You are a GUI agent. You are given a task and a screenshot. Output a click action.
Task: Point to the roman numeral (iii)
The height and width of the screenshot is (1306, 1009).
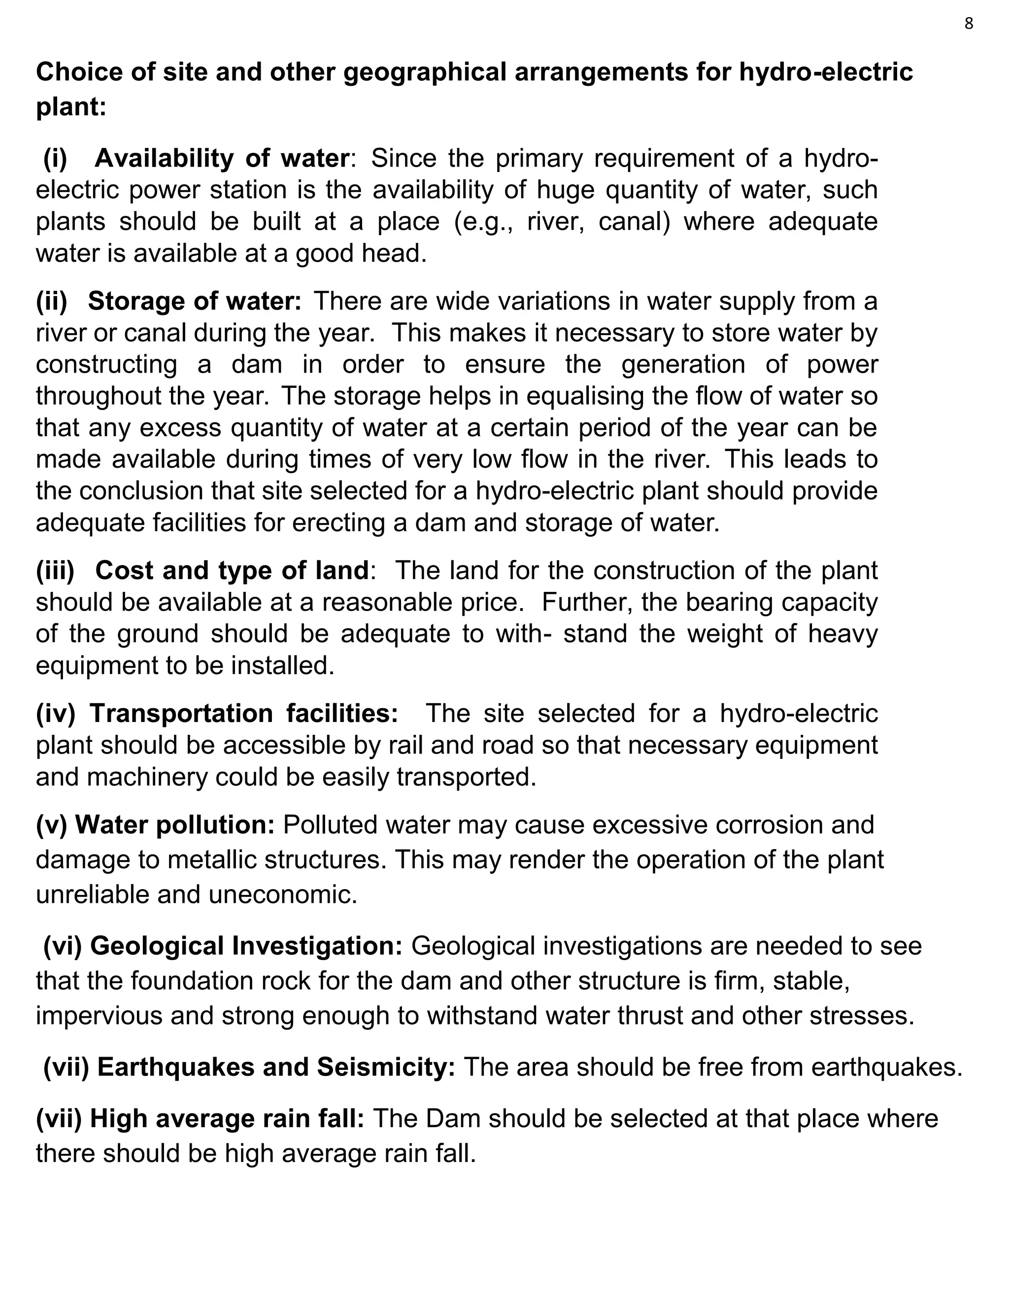pyautogui.click(x=55, y=571)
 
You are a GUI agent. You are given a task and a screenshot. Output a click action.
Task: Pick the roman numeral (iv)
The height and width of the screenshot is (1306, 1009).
pyautogui.click(x=55, y=714)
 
